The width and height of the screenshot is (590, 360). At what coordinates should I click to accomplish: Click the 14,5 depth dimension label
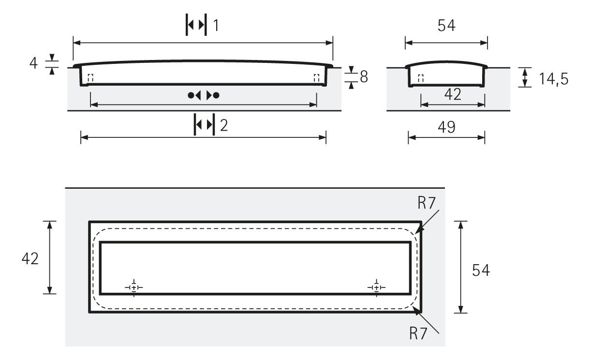tap(554, 79)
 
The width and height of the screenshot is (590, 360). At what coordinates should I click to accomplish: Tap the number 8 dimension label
tap(364, 76)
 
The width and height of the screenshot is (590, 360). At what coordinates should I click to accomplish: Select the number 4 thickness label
tap(33, 63)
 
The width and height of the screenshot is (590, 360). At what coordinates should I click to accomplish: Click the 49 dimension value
tap(446, 127)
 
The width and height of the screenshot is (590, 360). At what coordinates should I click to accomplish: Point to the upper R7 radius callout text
tap(427, 203)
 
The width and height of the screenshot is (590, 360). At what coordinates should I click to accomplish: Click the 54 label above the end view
tap(446, 26)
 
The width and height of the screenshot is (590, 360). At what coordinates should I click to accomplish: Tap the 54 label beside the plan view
tap(481, 270)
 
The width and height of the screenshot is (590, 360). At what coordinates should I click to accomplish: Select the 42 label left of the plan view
tap(30, 258)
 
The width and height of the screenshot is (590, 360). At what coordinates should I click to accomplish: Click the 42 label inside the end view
tap(453, 94)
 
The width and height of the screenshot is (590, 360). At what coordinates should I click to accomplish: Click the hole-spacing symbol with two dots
tap(203, 95)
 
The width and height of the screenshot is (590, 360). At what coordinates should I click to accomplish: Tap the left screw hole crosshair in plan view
tap(134, 287)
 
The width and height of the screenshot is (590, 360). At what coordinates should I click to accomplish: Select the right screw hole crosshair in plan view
tap(376, 287)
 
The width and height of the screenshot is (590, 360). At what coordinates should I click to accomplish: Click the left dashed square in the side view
tap(90, 78)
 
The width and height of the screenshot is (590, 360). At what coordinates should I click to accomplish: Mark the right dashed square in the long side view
tap(317, 78)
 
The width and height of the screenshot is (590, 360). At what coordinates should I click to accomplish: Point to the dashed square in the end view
tap(421, 78)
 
